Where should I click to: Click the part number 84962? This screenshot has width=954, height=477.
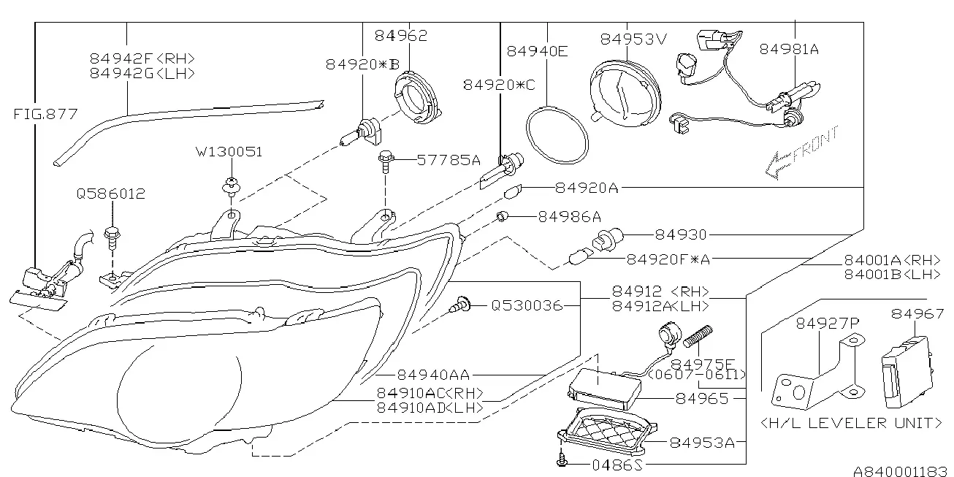(401, 35)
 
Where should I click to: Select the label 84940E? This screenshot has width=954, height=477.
(537, 51)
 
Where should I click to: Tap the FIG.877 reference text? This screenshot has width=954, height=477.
(45, 114)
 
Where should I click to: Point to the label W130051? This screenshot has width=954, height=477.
(229, 152)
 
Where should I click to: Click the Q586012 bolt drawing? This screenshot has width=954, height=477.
(112, 239)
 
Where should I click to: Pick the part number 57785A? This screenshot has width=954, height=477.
(449, 160)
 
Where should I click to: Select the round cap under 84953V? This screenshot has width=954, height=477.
(625, 94)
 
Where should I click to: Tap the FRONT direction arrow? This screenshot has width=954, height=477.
(801, 151)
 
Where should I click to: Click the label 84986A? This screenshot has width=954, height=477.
(570, 217)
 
